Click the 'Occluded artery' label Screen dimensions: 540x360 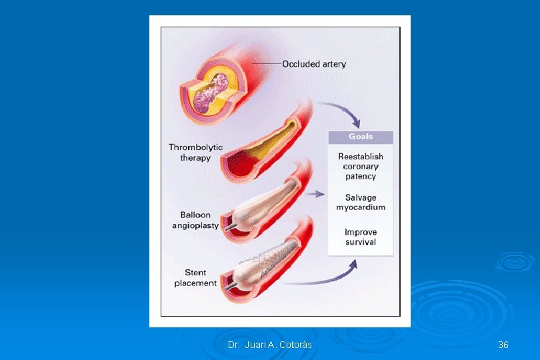point(314,64)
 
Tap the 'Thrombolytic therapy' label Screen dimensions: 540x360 point(195,152)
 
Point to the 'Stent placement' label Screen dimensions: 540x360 point(195,277)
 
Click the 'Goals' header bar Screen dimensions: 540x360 point(361,137)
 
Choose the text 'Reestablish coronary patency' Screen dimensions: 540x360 point(361,166)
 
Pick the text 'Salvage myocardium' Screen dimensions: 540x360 point(361,202)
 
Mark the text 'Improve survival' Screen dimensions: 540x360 point(361,237)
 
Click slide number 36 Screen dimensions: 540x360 point(503,345)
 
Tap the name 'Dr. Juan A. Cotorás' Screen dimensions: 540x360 point(269,345)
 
